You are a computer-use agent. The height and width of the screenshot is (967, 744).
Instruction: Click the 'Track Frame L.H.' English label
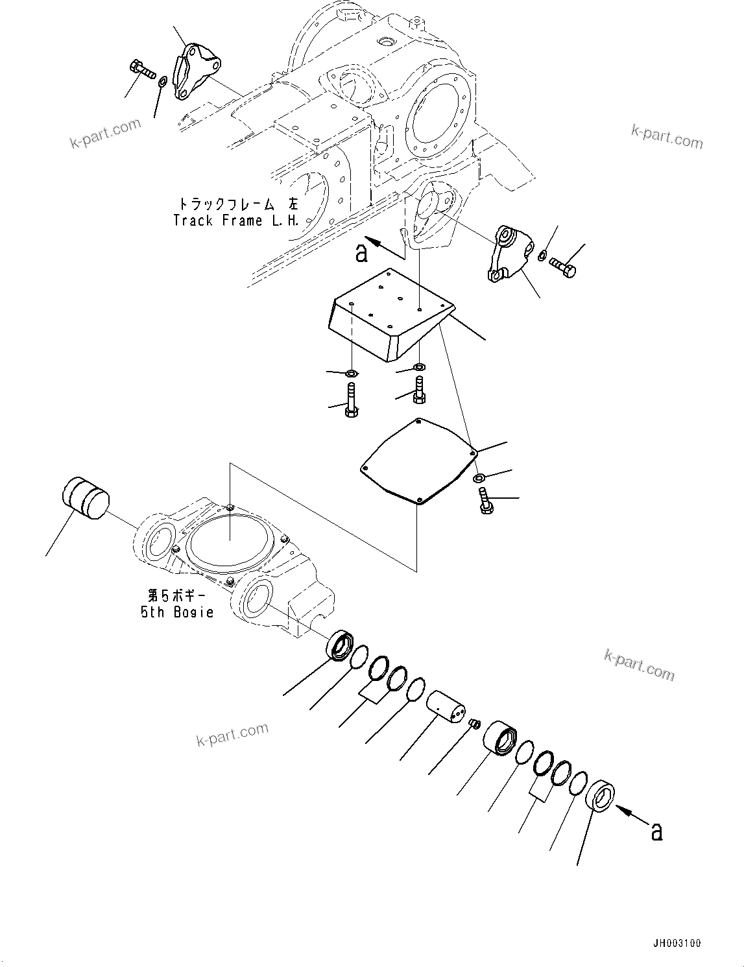point(236,221)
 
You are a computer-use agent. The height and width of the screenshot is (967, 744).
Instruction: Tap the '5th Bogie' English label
point(177,612)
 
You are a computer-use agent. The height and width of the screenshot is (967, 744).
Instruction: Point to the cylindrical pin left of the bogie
point(85,498)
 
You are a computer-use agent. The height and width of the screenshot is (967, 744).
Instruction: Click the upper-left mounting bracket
point(195,71)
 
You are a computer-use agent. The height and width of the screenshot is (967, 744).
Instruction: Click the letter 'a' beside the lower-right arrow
point(656,831)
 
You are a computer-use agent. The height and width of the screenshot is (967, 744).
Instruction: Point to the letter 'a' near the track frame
point(362,252)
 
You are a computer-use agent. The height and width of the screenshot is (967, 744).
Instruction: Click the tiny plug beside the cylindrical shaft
point(474,723)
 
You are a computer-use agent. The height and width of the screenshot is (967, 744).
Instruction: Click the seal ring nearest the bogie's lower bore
point(341,648)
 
